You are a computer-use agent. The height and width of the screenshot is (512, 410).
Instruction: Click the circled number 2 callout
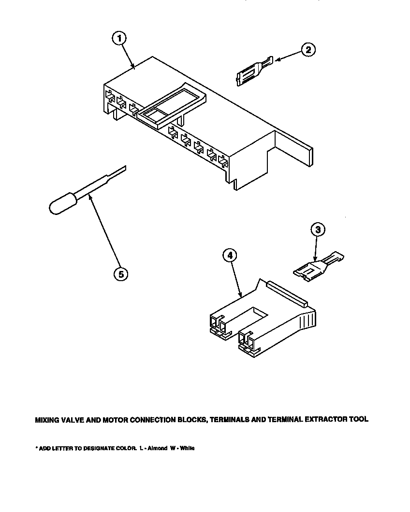click(x=308, y=50)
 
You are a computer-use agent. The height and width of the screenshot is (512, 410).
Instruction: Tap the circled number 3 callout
click(x=317, y=229)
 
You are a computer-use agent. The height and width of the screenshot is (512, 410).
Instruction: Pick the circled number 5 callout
click(x=121, y=274)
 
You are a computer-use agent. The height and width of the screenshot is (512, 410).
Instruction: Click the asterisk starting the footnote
click(x=36, y=448)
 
